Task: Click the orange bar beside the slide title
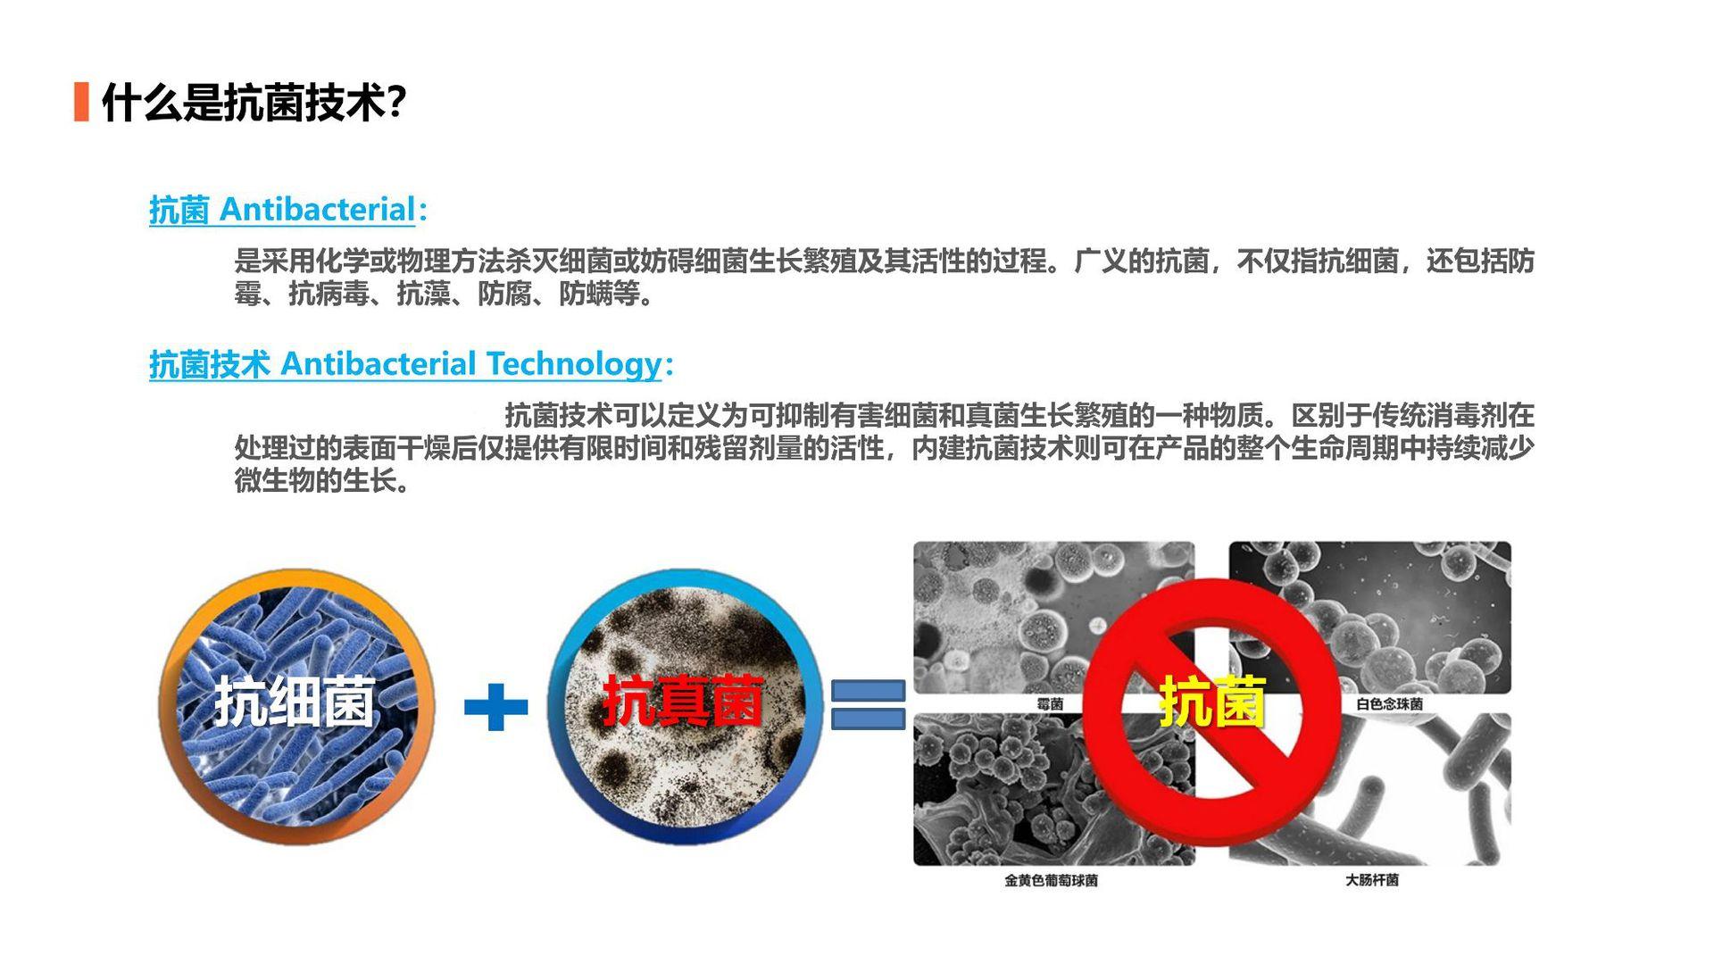pyautogui.click(x=81, y=102)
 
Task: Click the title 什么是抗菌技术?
pyautogui.click(x=254, y=103)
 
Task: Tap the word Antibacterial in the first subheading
pyautogui.click(x=317, y=210)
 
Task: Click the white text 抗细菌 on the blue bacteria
pyautogui.click(x=294, y=702)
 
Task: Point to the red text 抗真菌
pyautogui.click(x=683, y=702)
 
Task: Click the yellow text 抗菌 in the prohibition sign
pyautogui.click(x=1212, y=702)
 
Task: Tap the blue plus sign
pyautogui.click(x=495, y=707)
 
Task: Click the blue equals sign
pyautogui.click(x=868, y=705)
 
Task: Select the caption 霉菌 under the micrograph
pyautogui.click(x=1050, y=704)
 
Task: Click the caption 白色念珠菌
pyautogui.click(x=1389, y=704)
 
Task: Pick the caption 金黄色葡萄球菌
pyautogui.click(x=1051, y=881)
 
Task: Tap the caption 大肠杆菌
pyautogui.click(x=1372, y=880)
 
